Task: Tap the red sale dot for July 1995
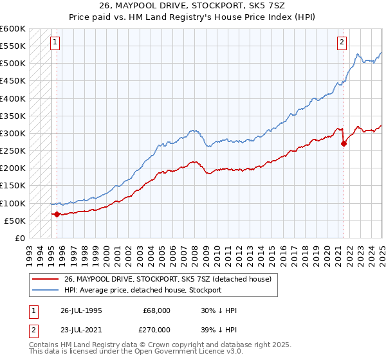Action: click(x=57, y=214)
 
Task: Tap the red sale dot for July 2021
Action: click(x=344, y=143)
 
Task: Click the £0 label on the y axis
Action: click(x=20, y=238)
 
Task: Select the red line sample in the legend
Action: click(x=45, y=279)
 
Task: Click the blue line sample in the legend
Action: click(x=45, y=290)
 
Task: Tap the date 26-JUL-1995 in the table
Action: click(x=82, y=310)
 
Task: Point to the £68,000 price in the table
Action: click(x=157, y=310)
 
